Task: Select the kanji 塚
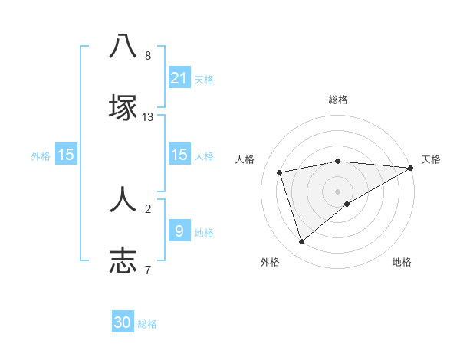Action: point(123,106)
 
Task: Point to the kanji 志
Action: point(123,260)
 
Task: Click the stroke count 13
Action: point(148,117)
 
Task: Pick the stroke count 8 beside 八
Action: point(148,56)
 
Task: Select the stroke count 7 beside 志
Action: point(148,270)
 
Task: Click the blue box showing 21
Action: point(179,77)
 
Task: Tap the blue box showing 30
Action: point(123,322)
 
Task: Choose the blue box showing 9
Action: point(179,230)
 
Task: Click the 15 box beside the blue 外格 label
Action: point(66,155)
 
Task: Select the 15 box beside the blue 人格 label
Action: point(179,155)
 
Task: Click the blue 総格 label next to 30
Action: point(147,324)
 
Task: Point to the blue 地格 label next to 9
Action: point(204,232)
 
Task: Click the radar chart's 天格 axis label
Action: point(431,159)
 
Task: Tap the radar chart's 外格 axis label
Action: point(270,262)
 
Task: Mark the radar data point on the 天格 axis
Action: point(412,168)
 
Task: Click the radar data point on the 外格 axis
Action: point(302,242)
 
